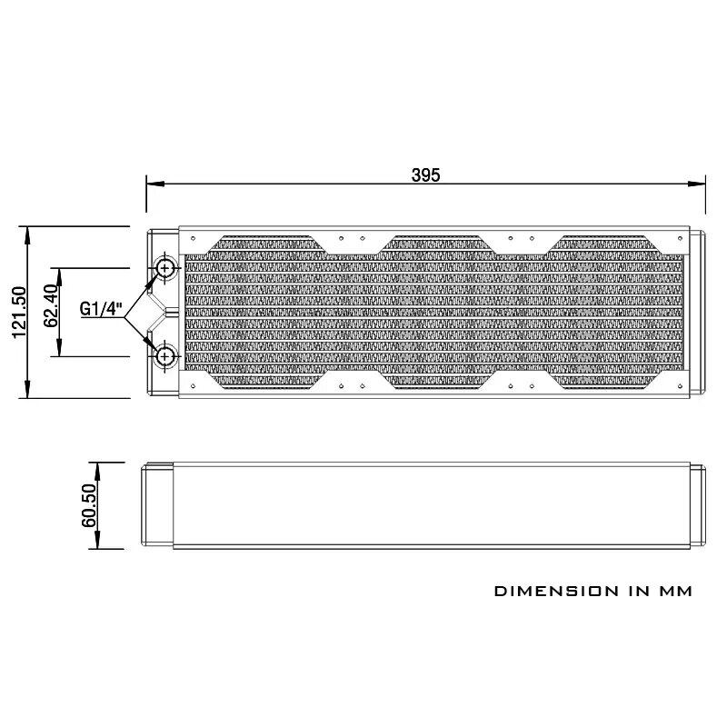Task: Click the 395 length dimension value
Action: [425, 174]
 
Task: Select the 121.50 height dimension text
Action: [19, 313]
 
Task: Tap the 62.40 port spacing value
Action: [52, 305]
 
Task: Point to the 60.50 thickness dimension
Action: [89, 505]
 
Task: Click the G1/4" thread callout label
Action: [101, 308]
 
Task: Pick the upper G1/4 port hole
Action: [165, 267]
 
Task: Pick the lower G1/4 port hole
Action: [165, 356]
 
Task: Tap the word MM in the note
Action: [675, 592]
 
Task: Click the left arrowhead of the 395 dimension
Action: [155, 184]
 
